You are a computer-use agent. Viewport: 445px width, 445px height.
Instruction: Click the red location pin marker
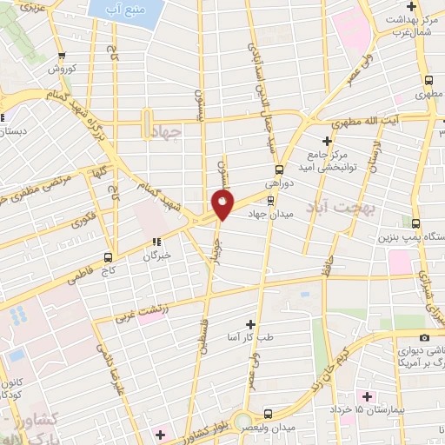[x=223, y=205]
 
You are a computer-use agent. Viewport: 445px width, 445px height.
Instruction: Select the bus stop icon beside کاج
[x=108, y=257]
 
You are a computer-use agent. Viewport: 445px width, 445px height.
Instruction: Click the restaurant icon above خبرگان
[x=157, y=242]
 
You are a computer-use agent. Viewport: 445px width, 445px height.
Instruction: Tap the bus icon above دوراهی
[x=279, y=169]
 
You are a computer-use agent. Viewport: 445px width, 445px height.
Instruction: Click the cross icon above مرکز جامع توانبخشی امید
[x=328, y=140]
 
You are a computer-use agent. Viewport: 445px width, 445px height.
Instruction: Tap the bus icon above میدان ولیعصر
[x=268, y=414]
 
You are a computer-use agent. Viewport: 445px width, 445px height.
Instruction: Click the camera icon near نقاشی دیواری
[x=423, y=337]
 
